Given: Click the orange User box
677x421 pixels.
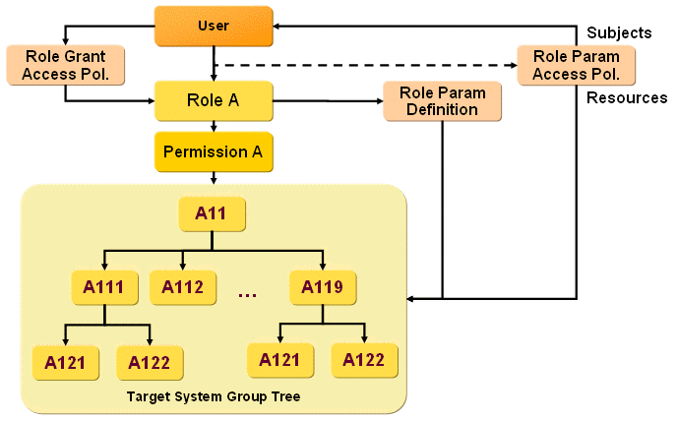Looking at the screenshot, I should tap(213, 26).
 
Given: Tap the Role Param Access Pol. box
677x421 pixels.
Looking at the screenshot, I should tap(576, 64).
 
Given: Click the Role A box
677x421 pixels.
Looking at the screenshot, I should tap(213, 100).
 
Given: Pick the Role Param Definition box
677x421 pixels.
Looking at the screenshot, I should tap(442, 101).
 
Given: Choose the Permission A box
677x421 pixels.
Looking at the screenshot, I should tap(213, 152).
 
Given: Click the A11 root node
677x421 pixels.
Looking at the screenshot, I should tap(213, 212).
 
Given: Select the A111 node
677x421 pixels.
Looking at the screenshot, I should tap(104, 287).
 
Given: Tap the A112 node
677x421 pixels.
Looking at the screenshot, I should tap(183, 287).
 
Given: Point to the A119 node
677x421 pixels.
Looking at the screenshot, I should tap(323, 287).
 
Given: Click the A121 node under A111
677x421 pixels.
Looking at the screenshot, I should tap(65, 363).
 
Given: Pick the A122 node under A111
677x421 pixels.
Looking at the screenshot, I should tap(149, 363).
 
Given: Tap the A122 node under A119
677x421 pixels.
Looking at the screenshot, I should tap(365, 360).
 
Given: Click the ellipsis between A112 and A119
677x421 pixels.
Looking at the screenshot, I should tap(247, 292).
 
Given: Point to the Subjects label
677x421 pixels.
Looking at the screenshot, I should tap(619, 32).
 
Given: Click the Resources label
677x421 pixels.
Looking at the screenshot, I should tap(627, 98).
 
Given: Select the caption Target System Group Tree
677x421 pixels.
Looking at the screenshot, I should tap(213, 396).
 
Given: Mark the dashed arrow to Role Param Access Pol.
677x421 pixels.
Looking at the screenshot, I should tap(364, 66).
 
